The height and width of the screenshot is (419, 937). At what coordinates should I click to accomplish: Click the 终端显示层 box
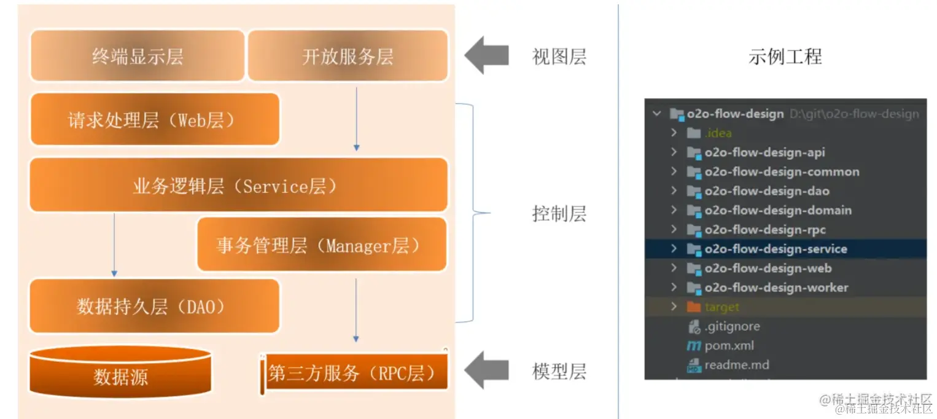(x=138, y=56)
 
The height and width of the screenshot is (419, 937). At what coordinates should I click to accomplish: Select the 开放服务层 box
(x=348, y=56)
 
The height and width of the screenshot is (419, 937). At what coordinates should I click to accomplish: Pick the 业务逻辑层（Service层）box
(x=238, y=185)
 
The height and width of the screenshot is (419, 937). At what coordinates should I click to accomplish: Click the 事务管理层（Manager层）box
(x=321, y=245)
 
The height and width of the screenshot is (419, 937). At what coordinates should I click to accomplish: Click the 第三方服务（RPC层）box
(x=354, y=372)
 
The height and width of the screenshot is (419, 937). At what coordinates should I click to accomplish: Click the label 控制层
(x=559, y=214)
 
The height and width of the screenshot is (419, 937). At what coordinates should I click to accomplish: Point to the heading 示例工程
(x=785, y=57)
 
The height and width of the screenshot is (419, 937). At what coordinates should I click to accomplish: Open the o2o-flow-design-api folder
(x=764, y=152)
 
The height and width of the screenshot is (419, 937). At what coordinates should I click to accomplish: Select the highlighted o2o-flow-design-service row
(x=776, y=249)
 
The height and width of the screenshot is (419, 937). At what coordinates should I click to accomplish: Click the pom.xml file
(x=729, y=345)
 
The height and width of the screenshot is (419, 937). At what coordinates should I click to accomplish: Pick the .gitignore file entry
(x=732, y=326)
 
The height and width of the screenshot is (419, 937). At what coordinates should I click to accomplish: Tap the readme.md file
(x=736, y=365)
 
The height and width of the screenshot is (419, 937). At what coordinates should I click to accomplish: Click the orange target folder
(x=721, y=307)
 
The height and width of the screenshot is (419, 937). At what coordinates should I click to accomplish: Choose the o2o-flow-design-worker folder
(x=776, y=288)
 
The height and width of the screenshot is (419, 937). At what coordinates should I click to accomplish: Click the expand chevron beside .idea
(x=674, y=133)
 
